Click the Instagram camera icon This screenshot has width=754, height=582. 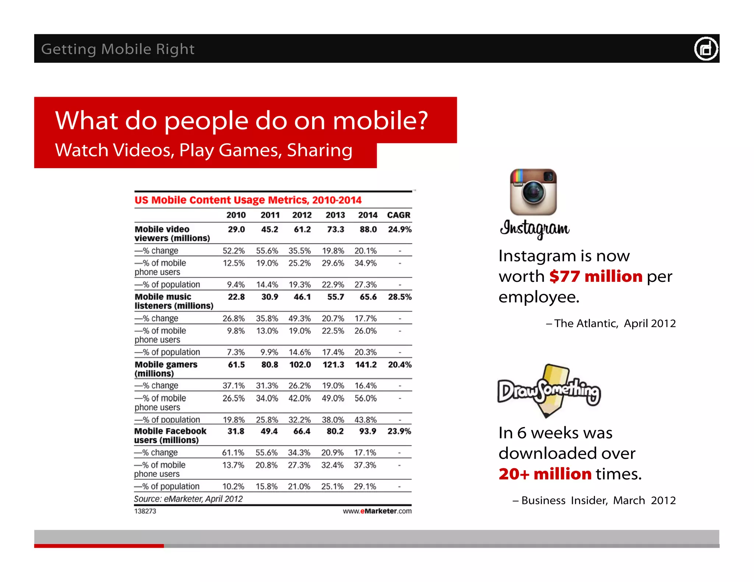533,192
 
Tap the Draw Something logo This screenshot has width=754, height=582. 549,391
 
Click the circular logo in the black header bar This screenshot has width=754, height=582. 706,49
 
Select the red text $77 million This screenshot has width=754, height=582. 596,276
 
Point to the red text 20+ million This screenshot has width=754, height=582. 545,474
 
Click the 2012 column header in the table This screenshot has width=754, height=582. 302,215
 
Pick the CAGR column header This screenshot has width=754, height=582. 398,215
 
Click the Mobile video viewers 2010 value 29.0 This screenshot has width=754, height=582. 236,230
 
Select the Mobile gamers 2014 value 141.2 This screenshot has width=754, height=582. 366,365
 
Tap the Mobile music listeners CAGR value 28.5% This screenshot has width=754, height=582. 399,297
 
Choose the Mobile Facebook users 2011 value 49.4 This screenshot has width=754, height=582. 269,431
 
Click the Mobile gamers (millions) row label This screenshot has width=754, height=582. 166,369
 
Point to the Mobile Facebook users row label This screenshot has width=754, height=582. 170,436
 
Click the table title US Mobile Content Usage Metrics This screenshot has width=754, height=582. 248,200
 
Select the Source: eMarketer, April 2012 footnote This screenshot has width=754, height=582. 188,499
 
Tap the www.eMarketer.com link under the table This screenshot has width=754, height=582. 377,511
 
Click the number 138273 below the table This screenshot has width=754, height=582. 145,511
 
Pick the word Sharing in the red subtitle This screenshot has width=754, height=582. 319,150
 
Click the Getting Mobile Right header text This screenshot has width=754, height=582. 118,49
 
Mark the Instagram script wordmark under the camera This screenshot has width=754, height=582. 535,228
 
